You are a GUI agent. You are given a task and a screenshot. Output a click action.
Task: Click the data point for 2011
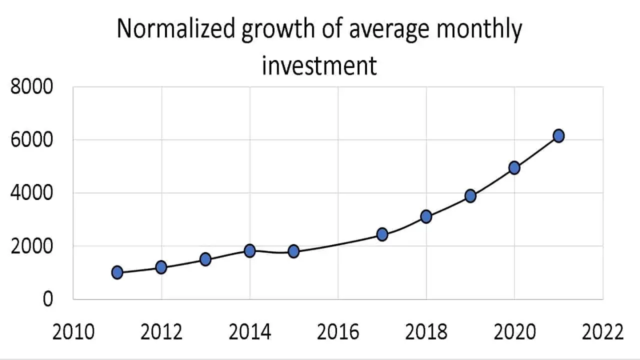coord(117,272)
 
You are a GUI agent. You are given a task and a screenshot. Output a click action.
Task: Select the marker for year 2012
coord(161,267)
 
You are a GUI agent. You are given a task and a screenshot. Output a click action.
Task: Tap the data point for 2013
coord(205,259)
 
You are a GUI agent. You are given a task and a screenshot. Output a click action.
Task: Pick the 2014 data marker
coord(249,250)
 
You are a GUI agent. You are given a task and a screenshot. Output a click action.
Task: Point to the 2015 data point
coord(293,251)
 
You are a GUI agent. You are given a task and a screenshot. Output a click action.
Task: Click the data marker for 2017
coord(382,234)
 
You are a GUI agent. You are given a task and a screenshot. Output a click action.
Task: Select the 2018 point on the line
coord(426,216)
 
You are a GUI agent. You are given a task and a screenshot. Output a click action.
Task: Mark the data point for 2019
coord(470,195)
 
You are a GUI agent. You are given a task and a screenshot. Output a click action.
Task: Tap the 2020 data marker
coord(514,167)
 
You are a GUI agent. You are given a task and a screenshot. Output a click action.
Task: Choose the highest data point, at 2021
coord(558,135)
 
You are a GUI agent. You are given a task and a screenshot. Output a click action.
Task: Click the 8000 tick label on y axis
coord(31,87)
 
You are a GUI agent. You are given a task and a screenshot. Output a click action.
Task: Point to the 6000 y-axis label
coord(31,140)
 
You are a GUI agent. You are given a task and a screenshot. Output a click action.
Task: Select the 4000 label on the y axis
coord(31,193)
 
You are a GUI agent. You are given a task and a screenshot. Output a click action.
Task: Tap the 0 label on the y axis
coord(47,299)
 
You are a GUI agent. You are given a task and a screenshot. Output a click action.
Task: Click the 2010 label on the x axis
coord(73,332)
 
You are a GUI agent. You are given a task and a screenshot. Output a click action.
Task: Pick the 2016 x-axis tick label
coord(338,332)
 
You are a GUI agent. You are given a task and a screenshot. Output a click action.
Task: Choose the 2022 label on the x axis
coord(602,332)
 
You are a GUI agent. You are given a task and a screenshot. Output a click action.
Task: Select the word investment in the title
coord(319,65)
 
